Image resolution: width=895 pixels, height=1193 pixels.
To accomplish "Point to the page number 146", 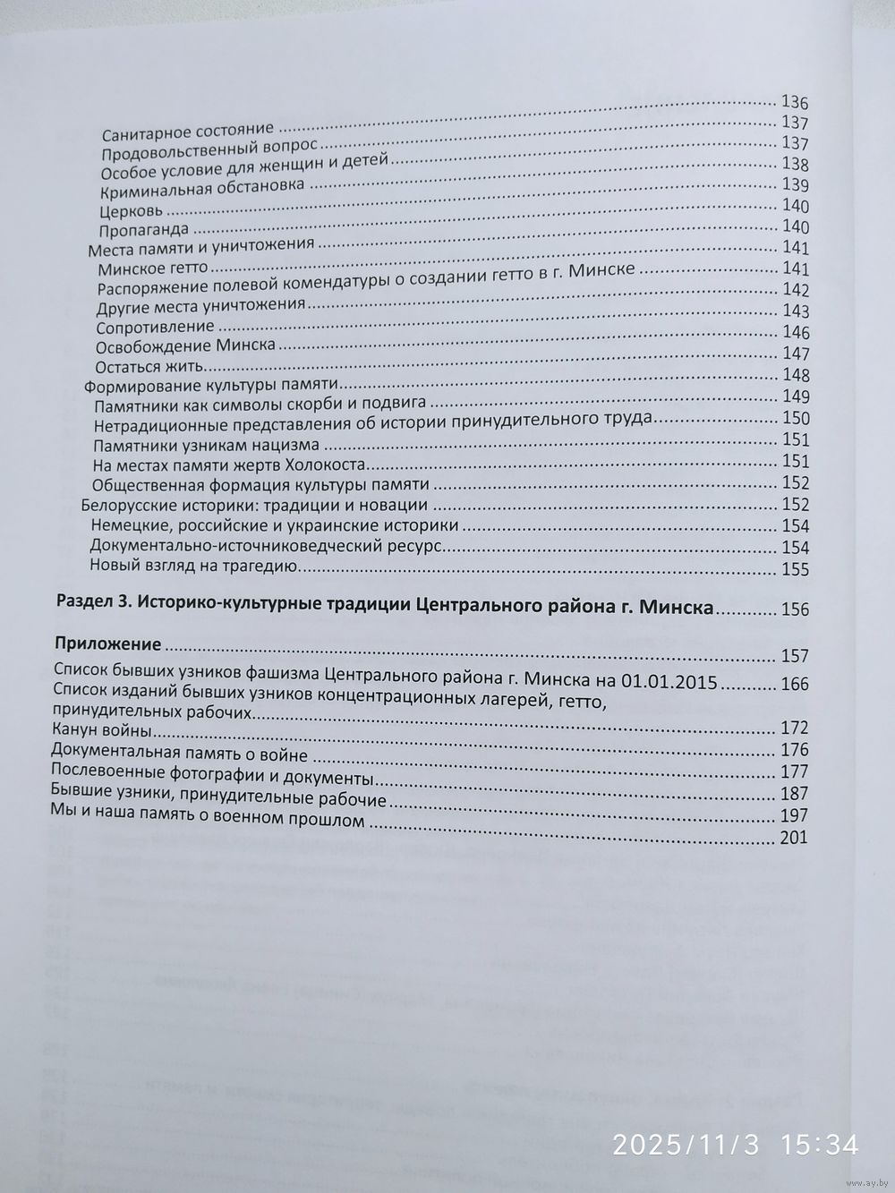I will point(795,333).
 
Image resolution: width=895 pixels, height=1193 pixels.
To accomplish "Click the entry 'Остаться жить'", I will point(149,367).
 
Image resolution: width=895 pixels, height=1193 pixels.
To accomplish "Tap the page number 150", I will point(795,419).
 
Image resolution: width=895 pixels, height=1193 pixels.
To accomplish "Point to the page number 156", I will point(795,610).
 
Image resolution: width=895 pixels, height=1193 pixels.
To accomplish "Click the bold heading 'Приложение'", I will point(107,643).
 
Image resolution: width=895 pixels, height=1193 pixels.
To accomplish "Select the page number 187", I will point(795,794).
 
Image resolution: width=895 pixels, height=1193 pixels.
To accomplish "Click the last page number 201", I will point(795,838).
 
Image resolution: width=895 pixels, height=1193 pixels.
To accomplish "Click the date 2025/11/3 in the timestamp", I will point(695,1143).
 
